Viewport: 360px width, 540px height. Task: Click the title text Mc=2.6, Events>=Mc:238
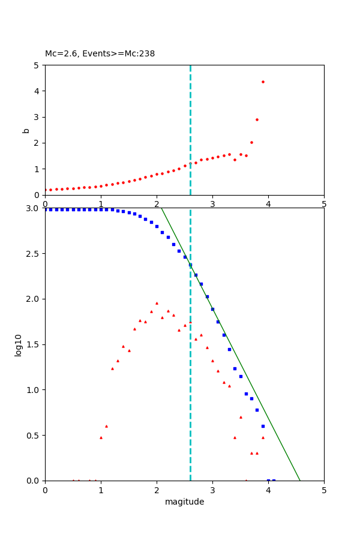100,54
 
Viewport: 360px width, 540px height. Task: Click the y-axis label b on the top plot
26,130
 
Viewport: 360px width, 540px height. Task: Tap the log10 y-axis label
19,345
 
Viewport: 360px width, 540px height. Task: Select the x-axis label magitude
184,502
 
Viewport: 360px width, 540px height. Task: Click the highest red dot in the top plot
263,82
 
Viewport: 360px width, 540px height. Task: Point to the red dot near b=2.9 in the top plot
257,119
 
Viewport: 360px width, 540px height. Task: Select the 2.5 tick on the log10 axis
33,254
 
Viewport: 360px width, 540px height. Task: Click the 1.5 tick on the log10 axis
33,344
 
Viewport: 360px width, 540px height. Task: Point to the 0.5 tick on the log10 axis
33,436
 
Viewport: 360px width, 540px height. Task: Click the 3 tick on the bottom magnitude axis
212,490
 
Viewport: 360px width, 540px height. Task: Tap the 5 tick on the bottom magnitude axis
324,490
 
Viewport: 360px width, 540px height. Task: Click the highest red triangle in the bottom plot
157,303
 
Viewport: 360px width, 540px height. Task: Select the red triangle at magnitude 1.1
106,426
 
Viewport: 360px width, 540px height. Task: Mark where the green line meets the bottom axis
300,481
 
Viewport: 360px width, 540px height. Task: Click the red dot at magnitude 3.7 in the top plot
251,142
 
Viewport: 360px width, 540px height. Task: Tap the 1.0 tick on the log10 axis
33,390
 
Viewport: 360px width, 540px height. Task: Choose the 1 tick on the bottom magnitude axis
101,490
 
